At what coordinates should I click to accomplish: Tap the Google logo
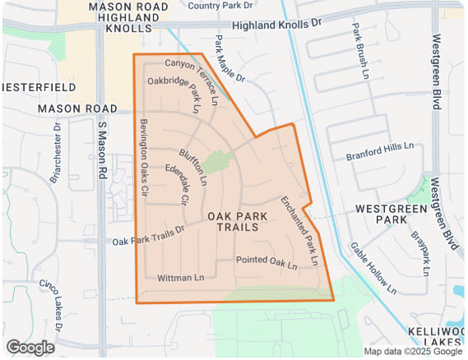[x=30, y=348]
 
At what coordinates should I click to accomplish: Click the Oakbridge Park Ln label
[x=174, y=94]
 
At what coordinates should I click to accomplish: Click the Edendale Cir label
[x=177, y=185]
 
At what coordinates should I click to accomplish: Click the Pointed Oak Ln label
[x=266, y=261]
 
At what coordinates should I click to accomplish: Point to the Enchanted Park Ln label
[x=299, y=231]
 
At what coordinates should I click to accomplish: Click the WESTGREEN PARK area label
[x=382, y=215]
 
